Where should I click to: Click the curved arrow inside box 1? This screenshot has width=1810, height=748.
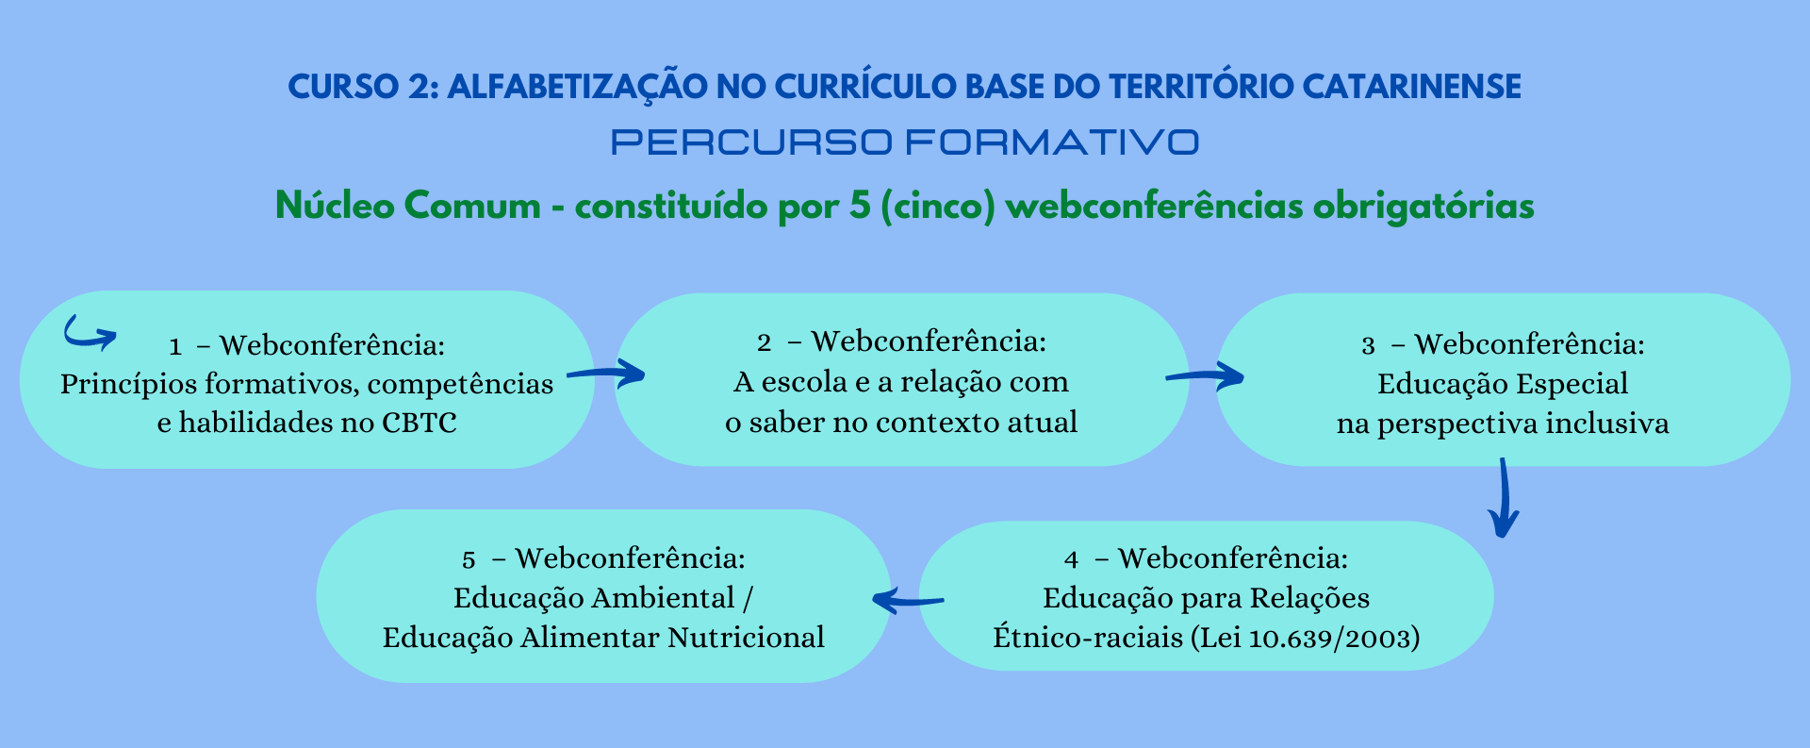pos(87,338)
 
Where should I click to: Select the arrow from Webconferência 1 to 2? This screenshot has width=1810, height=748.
pos(606,374)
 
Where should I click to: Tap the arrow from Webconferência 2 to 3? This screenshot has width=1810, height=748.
pos(1205,376)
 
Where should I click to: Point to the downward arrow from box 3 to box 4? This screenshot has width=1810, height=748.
pos(1504,497)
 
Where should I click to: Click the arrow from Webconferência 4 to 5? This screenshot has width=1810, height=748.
pos(908,600)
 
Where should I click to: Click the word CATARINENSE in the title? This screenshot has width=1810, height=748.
pos(1411,87)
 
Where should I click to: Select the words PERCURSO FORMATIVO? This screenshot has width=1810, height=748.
pos(905,142)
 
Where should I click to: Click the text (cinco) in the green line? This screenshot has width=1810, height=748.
pos(938,206)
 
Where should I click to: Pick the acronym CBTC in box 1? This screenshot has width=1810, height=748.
pos(419,423)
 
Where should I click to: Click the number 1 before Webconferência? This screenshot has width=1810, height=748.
pos(175,347)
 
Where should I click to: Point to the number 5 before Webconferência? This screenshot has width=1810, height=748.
pos(469,560)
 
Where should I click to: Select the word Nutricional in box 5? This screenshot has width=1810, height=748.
pos(746,638)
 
